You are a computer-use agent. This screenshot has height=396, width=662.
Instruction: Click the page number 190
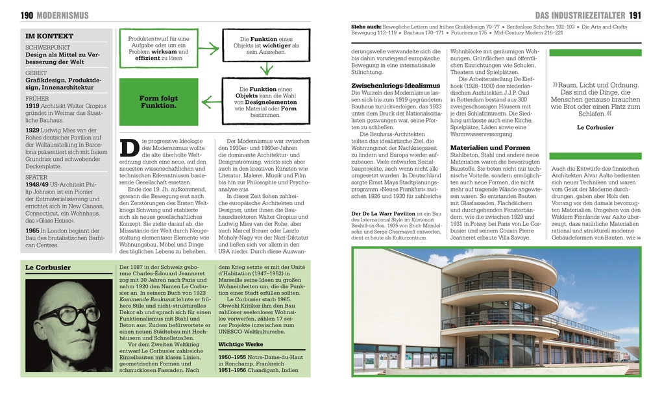[27, 15]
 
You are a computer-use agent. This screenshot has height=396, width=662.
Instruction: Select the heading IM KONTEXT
[49, 36]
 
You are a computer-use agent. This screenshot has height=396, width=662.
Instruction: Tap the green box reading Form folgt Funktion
[158, 102]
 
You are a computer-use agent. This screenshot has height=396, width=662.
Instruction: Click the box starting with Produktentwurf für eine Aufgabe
[158, 48]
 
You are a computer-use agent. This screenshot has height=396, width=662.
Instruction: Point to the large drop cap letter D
[129, 148]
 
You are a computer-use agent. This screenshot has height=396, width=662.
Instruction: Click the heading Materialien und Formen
[490, 147]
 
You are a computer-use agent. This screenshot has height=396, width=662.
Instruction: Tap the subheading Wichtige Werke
[241, 343]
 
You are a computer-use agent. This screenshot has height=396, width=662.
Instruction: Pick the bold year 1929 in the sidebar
[32, 130]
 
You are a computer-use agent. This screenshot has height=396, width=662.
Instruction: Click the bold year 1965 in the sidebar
[32, 230]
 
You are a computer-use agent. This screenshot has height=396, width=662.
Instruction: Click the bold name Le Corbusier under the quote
[595, 127]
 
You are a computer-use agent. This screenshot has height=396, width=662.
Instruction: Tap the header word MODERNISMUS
[63, 15]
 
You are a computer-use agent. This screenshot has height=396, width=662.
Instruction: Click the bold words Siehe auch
[365, 27]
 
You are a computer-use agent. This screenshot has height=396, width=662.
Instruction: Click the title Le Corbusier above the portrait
[47, 267]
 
